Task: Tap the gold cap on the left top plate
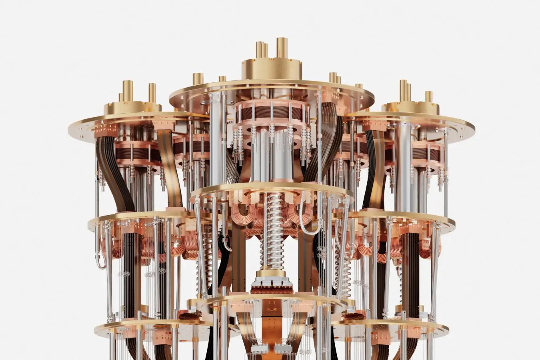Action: [132, 107]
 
